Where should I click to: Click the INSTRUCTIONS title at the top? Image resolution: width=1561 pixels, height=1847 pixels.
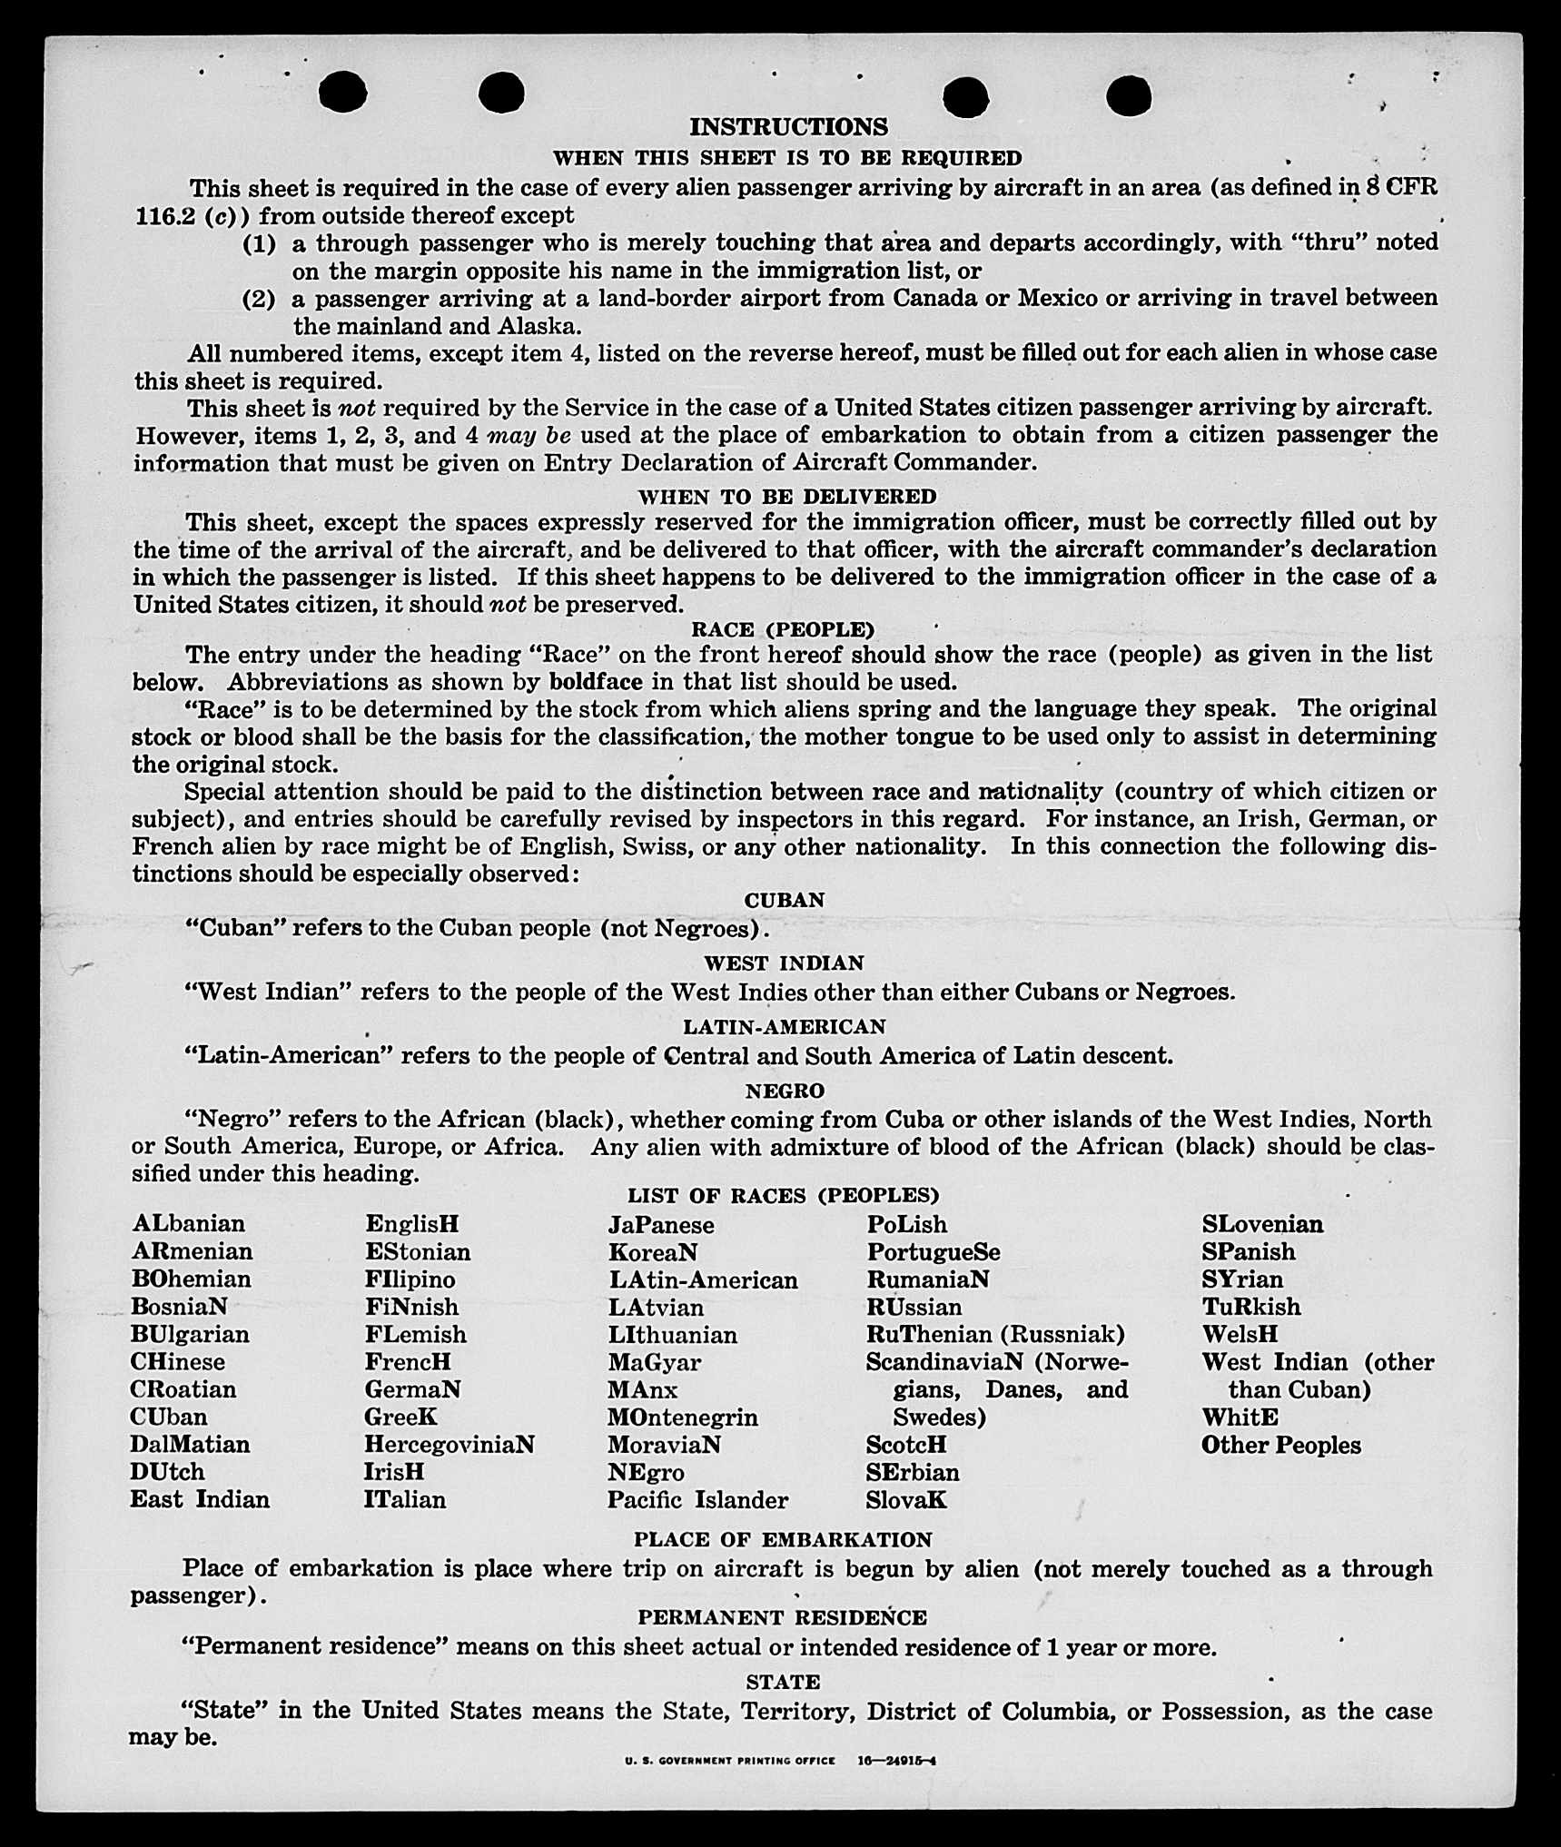[788, 126]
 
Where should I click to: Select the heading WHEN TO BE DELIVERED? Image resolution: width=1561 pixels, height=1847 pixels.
[787, 497]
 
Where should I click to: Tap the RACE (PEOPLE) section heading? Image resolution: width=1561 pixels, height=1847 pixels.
[783, 629]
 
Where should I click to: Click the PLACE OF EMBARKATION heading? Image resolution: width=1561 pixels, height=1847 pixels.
[783, 1539]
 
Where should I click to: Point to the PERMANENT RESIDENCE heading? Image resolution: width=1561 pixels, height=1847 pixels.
[782, 1617]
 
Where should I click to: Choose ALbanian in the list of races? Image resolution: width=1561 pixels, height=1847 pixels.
[188, 1224]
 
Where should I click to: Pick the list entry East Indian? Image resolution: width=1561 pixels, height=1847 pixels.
[200, 1499]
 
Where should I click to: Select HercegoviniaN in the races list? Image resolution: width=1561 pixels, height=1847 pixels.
[450, 1444]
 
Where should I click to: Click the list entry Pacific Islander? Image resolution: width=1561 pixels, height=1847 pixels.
[697, 1500]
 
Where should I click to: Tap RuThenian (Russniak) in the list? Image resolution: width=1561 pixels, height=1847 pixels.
[995, 1334]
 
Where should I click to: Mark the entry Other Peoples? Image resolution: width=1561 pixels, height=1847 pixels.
[1280, 1445]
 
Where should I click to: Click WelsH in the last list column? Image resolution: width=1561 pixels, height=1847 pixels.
[1240, 1334]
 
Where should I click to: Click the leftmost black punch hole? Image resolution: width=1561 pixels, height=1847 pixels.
[343, 93]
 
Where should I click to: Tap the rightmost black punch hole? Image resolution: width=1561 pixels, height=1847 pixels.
[1129, 95]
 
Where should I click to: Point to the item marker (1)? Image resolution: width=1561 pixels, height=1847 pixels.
[259, 243]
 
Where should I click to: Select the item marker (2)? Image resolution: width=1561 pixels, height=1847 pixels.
[259, 299]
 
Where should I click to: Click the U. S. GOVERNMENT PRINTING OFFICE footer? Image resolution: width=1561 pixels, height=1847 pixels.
[729, 1760]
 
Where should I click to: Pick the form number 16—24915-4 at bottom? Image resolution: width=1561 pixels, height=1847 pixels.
[897, 1760]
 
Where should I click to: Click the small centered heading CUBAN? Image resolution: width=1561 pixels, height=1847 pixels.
[785, 900]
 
